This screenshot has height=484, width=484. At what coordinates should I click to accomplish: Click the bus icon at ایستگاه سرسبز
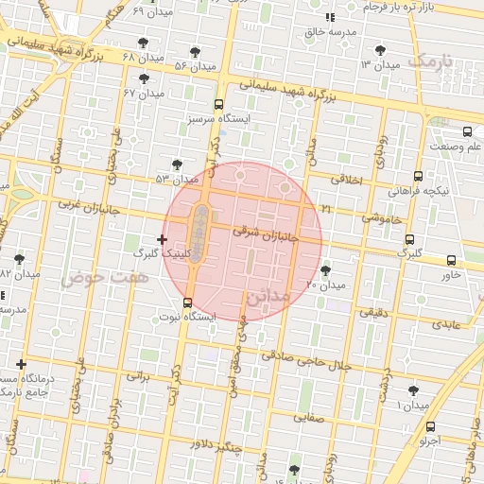218,105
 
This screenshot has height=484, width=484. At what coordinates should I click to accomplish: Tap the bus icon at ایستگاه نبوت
187,303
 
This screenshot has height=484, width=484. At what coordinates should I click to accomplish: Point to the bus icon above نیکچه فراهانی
418,176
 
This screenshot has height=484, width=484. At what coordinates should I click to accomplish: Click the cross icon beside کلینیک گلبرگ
163,239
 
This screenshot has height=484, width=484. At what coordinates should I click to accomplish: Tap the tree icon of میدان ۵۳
177,164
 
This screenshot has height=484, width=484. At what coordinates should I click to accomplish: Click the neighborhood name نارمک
434,61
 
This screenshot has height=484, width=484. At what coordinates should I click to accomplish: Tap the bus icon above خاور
451,260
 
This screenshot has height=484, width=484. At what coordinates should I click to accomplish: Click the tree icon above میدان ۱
413,389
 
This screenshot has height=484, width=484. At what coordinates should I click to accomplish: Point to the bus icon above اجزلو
431,426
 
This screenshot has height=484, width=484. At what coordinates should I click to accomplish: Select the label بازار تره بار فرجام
401,7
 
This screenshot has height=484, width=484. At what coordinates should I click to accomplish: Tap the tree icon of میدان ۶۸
143,43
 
